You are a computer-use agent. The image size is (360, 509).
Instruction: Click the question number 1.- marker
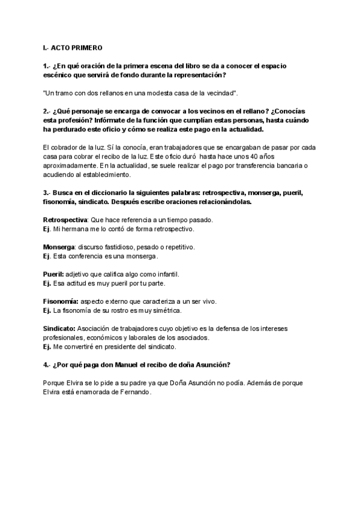[x=47, y=67]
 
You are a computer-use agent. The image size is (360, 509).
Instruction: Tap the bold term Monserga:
[x=58, y=247]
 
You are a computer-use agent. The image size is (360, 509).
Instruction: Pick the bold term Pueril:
[x=53, y=274]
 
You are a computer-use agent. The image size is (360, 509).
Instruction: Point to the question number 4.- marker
[x=47, y=364]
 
